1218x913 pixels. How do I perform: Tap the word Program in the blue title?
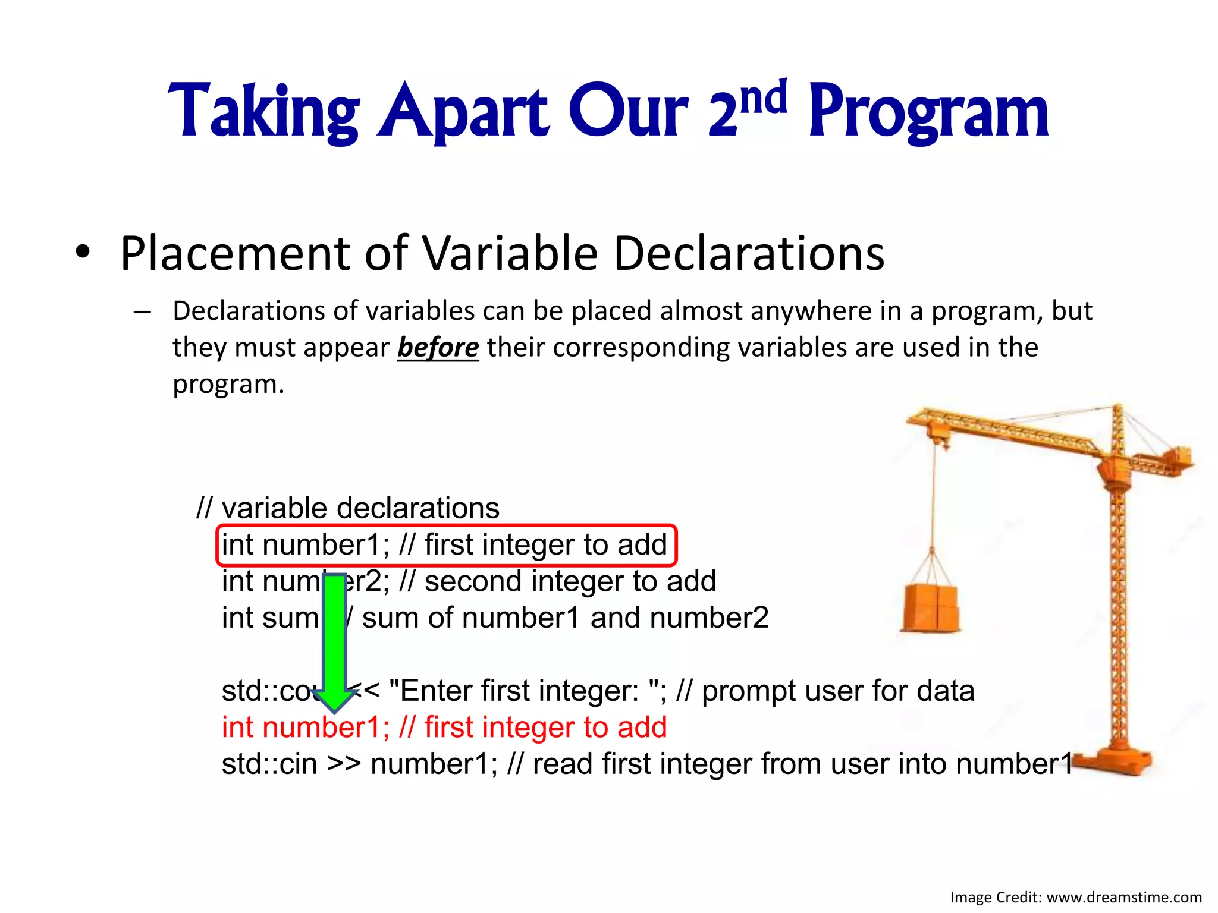coord(928,113)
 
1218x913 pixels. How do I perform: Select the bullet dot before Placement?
coord(83,253)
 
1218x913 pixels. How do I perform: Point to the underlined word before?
coord(438,347)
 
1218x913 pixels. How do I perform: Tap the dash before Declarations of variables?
coord(142,311)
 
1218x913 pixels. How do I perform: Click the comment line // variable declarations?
coord(348,508)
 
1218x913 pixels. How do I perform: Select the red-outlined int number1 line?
coord(446,545)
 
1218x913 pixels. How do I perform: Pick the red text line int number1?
coord(444,728)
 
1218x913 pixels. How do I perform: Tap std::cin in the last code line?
coord(269,764)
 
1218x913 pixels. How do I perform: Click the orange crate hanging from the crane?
coord(930,608)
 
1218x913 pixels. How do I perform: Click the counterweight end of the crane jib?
coord(1175,461)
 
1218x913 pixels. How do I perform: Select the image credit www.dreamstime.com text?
coord(1123,898)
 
